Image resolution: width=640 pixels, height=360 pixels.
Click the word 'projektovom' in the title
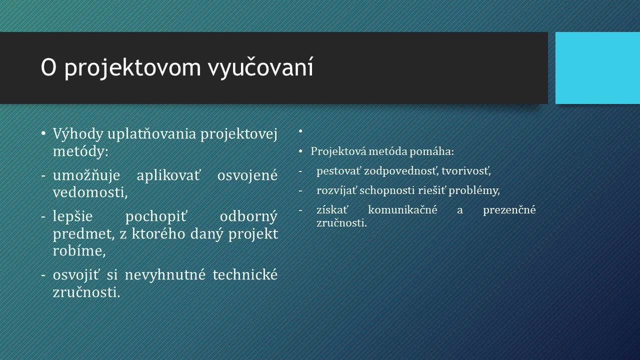(x=133, y=68)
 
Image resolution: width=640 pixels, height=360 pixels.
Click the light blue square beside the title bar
(x=597, y=68)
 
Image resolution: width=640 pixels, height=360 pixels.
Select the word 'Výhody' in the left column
(x=78, y=134)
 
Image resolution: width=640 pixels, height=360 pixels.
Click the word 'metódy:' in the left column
(x=81, y=151)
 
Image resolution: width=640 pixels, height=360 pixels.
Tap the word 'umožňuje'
(x=86, y=175)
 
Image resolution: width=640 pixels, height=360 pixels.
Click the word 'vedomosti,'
(x=90, y=192)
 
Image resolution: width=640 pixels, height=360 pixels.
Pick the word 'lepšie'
(x=73, y=216)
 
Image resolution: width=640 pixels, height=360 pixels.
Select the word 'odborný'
(x=248, y=216)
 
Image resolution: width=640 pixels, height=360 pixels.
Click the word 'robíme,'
(x=79, y=251)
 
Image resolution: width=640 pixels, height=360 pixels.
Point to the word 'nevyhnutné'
(x=165, y=275)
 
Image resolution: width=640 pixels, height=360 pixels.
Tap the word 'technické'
(x=245, y=275)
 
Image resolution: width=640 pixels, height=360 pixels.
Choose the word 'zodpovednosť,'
(x=401, y=171)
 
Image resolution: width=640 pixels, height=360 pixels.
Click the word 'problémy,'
(x=474, y=190)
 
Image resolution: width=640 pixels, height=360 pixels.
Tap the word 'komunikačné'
(x=403, y=210)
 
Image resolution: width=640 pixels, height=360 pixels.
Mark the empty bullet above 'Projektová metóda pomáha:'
(x=300, y=131)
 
